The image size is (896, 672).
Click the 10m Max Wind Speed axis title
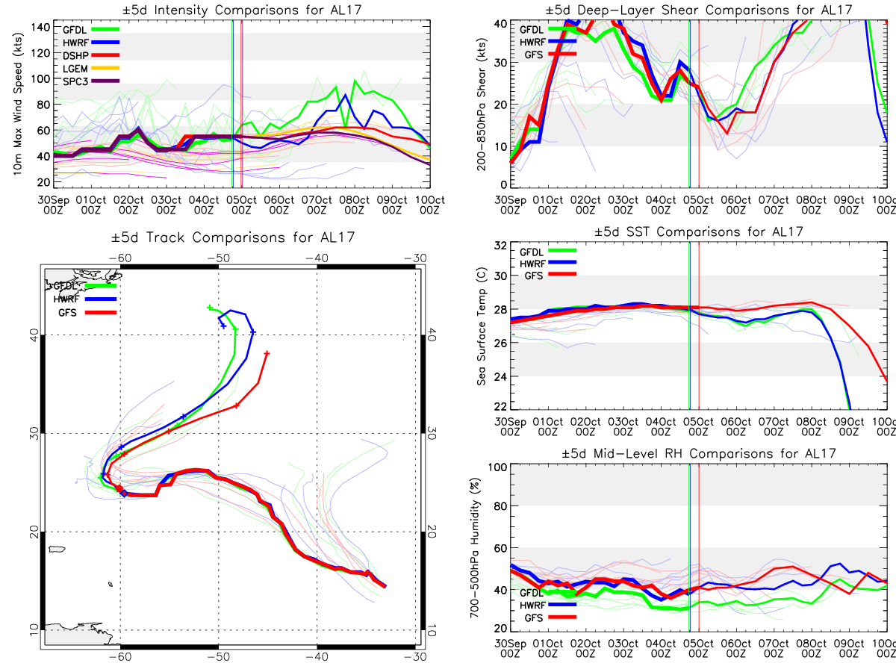pyautogui.click(x=16, y=102)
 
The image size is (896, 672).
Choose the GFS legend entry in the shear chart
pyautogui.click(x=531, y=55)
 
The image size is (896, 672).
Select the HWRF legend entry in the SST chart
pyautogui.click(x=532, y=264)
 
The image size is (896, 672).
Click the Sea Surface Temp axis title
pyautogui.click(x=482, y=326)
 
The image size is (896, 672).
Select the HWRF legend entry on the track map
pyautogui.click(x=67, y=299)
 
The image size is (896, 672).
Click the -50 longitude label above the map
pyautogui.click(x=219, y=258)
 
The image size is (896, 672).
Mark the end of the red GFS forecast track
pyautogui.click(x=267, y=353)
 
